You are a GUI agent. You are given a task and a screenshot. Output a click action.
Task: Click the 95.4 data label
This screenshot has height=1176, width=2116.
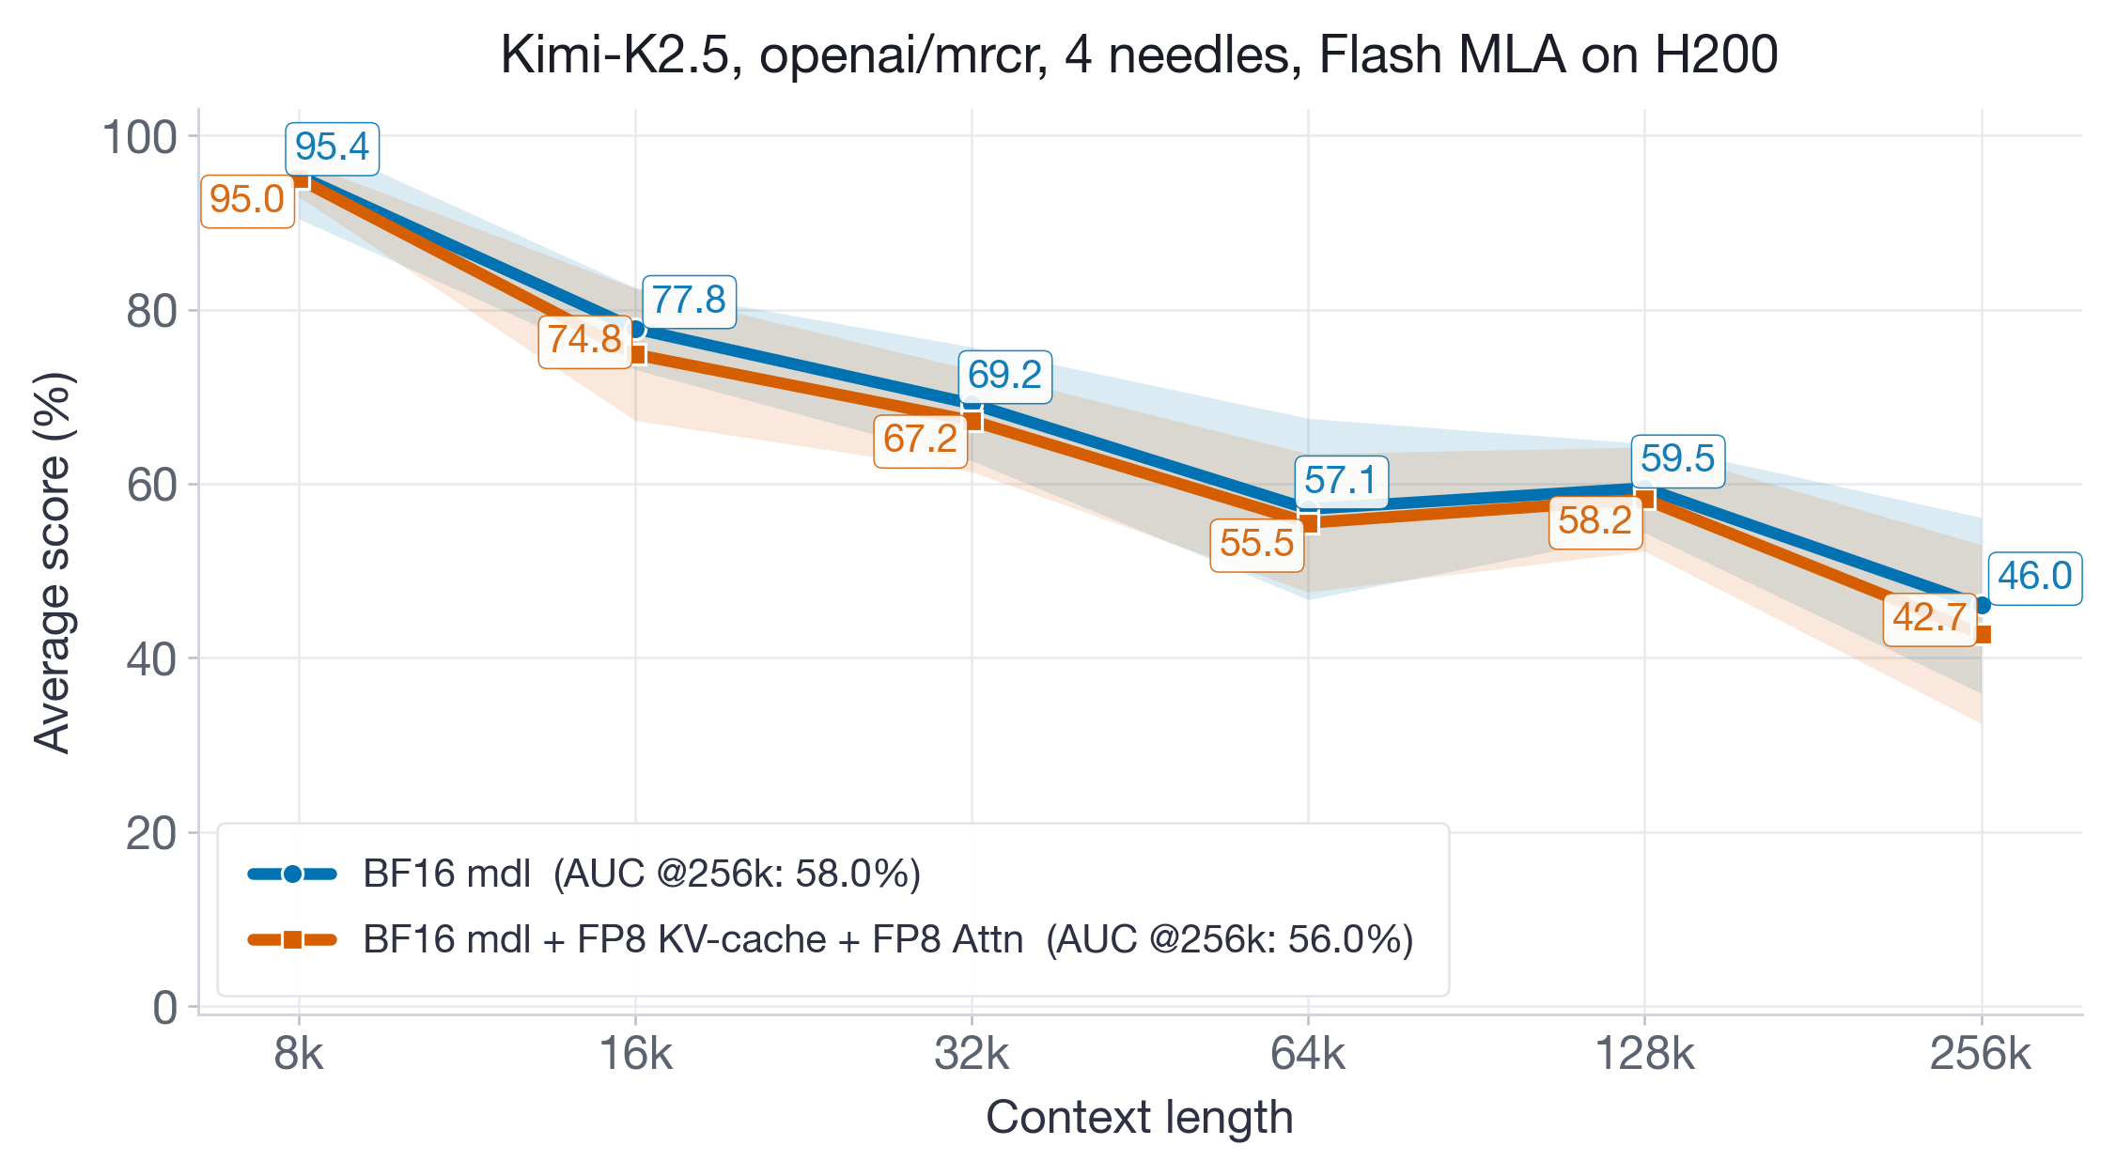coord(332,147)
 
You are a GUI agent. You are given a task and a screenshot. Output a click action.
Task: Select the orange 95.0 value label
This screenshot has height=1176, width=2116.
coord(247,200)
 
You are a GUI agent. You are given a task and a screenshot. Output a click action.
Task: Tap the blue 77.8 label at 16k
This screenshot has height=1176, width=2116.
coord(689,301)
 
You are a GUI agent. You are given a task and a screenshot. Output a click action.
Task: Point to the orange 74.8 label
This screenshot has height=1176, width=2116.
coord(584,340)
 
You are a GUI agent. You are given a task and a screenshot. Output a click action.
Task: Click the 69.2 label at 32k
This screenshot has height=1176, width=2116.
coord(1004,376)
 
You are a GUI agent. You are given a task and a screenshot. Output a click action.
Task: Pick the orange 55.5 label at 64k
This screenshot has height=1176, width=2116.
coord(1256,544)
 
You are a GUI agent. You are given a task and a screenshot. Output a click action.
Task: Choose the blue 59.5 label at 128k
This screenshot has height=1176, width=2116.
coord(1677,459)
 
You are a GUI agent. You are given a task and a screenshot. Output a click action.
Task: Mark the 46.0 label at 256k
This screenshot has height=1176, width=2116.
coord(2034,577)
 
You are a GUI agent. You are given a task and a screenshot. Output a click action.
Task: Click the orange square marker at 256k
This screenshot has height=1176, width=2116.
coord(1983,635)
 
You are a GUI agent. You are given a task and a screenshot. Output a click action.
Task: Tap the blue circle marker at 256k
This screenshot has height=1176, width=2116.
coord(1983,606)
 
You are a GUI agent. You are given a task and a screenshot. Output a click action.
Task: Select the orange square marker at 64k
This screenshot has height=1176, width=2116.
coord(1309,522)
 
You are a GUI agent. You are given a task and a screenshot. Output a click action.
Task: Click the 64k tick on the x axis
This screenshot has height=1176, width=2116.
coord(1308,1055)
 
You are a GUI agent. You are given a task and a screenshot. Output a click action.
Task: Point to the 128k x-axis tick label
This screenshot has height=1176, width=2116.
coord(1644,1055)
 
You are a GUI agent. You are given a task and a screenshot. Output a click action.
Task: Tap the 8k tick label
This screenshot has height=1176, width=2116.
coord(299,1055)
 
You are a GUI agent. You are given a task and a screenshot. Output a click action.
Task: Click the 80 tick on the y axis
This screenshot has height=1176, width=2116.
coord(151,312)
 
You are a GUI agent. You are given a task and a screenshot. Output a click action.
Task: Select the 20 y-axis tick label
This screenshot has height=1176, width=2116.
coord(151,833)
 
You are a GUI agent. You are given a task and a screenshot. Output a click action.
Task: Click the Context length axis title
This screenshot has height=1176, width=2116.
coord(1139,1118)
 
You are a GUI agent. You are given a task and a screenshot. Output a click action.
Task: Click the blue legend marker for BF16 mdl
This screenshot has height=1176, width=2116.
coord(292,874)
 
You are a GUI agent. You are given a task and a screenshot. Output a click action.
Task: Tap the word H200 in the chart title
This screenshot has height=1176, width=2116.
coord(1716,54)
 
